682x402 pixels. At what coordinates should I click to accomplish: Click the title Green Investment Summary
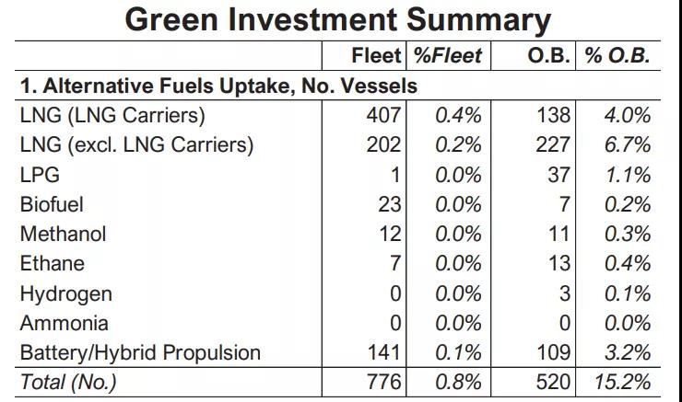(x=338, y=20)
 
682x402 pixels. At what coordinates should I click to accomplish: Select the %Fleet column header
(x=447, y=56)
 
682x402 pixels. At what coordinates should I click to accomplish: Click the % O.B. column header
(x=617, y=56)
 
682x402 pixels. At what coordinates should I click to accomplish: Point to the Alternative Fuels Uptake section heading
(x=218, y=86)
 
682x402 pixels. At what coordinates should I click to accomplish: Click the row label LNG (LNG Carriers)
(x=112, y=116)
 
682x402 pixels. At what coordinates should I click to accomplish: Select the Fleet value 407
(x=382, y=116)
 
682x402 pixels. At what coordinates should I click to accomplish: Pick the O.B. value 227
(x=553, y=145)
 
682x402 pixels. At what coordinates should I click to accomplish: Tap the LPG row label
(x=39, y=175)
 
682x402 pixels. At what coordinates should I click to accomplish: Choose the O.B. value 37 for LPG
(x=559, y=175)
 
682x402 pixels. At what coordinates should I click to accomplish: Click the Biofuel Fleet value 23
(x=389, y=204)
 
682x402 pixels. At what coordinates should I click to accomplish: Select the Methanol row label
(x=63, y=234)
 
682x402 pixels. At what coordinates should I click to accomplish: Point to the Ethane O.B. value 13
(x=559, y=264)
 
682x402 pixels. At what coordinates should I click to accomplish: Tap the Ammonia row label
(x=64, y=323)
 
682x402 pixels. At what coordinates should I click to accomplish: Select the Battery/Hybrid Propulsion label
(x=140, y=352)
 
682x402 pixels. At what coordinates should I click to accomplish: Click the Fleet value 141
(x=382, y=352)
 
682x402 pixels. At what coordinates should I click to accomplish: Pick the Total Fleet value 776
(x=382, y=382)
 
